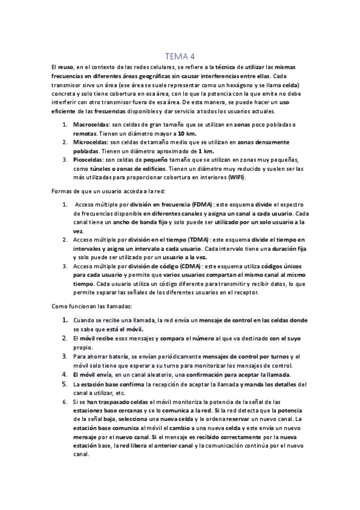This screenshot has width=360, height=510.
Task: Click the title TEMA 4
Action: (x=180, y=56)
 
